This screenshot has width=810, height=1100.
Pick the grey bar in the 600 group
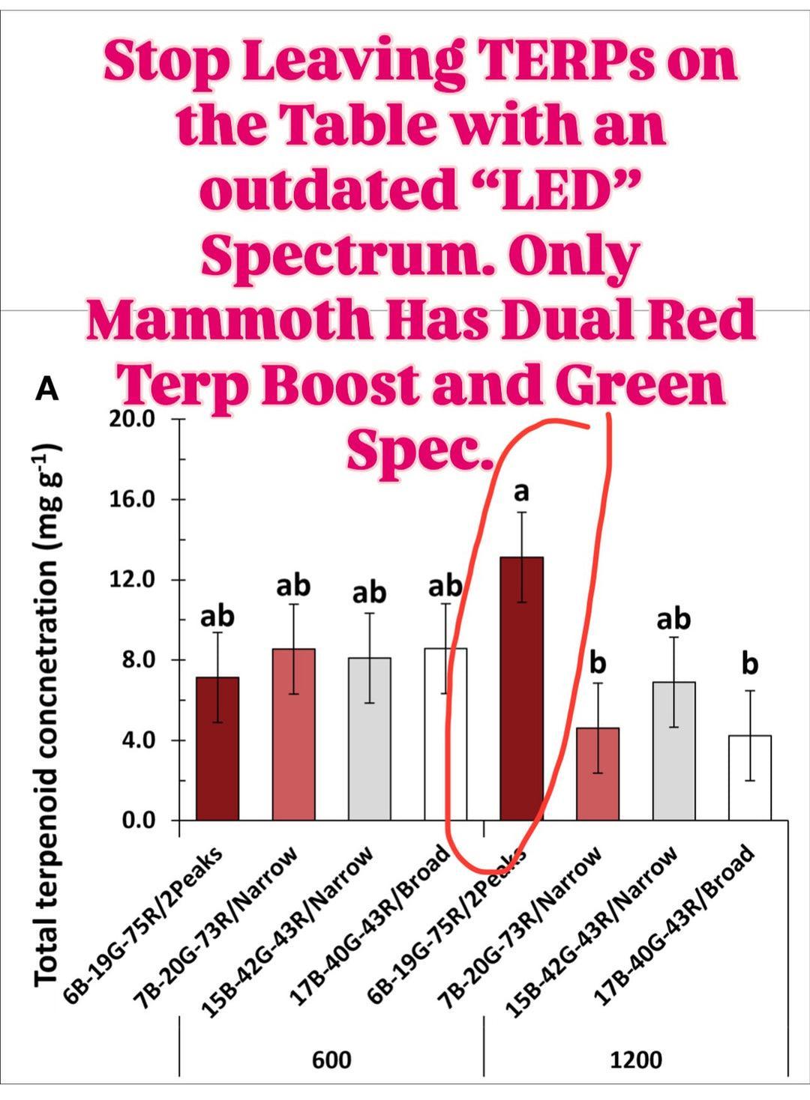[x=369, y=739]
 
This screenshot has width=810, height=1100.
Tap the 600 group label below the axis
[x=331, y=1060]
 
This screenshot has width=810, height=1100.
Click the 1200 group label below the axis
[x=636, y=1060]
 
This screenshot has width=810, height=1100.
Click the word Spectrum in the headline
[x=345, y=257]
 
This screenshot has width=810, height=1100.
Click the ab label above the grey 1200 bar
[x=673, y=619]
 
